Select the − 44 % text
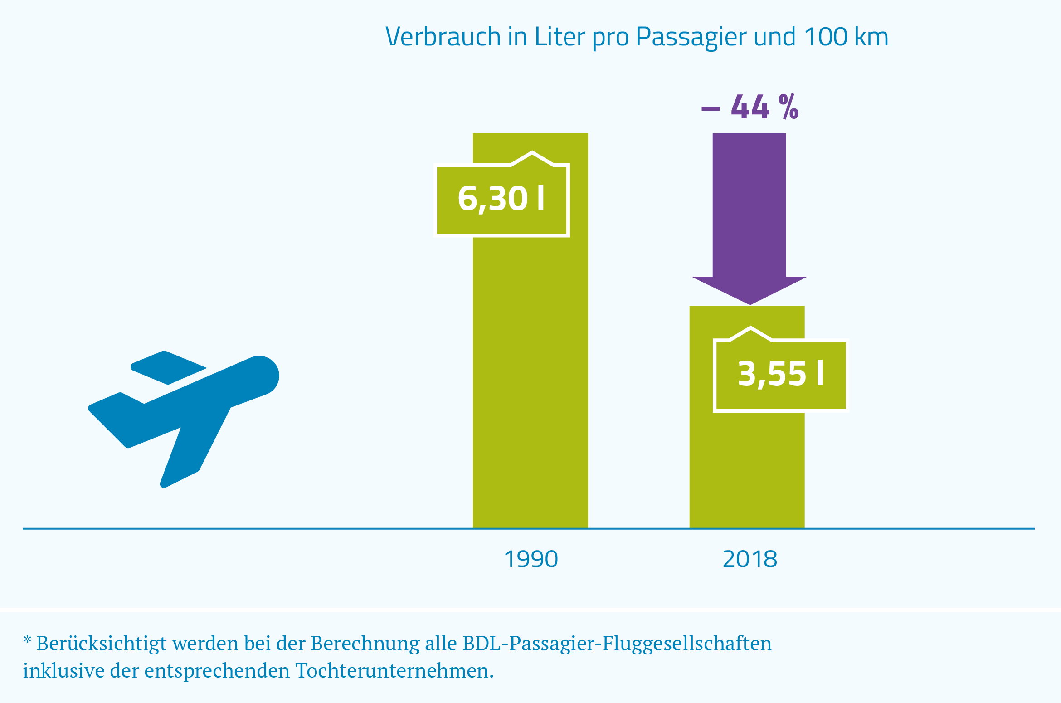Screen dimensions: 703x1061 [x=750, y=108]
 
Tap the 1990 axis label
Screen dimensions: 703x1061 [x=531, y=559]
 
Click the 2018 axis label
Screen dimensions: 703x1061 [x=750, y=559]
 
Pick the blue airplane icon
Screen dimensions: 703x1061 [x=190, y=408]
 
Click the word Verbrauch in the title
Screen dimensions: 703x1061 [x=443, y=37]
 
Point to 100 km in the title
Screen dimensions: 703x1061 [x=846, y=37]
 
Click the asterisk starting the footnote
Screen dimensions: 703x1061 [x=27, y=640]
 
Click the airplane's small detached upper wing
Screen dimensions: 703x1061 [x=167, y=368]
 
